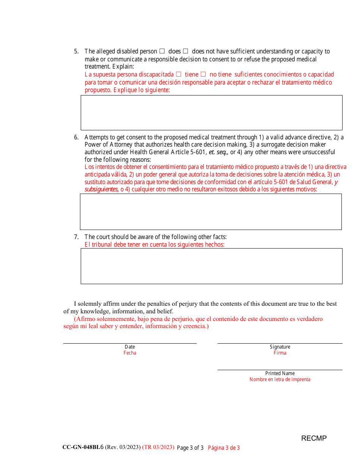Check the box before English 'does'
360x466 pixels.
pos(162,51)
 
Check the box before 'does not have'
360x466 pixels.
pos(186,51)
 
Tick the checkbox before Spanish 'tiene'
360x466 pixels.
pos(178,74)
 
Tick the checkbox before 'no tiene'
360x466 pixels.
pos(203,74)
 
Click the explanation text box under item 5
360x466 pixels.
pos(211,113)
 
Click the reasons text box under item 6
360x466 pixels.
pos(211,211)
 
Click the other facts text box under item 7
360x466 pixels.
pos(211,266)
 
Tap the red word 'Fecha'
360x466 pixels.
pos(130,353)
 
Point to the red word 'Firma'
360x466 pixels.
pos(280,353)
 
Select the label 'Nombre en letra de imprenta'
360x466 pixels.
pos(280,379)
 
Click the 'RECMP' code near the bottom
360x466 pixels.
pos(314,438)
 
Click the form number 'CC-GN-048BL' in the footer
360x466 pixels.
pos(81,447)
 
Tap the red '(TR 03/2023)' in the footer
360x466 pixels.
pos(158,447)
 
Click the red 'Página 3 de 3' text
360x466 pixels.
pos(224,448)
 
